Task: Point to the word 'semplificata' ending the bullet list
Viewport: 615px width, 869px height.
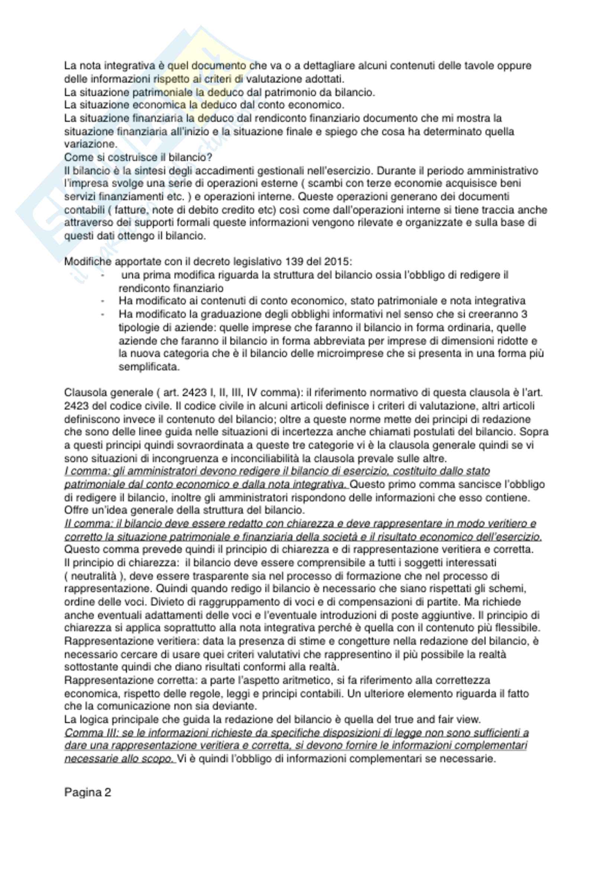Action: tap(148, 367)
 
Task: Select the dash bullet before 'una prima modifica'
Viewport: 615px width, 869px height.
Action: tap(102, 275)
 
